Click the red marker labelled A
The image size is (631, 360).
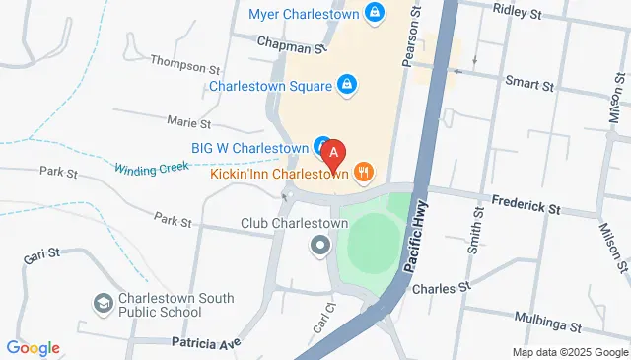click(x=334, y=154)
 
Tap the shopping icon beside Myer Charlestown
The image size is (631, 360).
click(x=374, y=13)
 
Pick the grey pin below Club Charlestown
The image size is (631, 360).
click(x=318, y=244)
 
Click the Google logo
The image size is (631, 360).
click(x=33, y=347)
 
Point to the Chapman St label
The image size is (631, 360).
click(x=291, y=46)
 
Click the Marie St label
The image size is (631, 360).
click(x=189, y=123)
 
